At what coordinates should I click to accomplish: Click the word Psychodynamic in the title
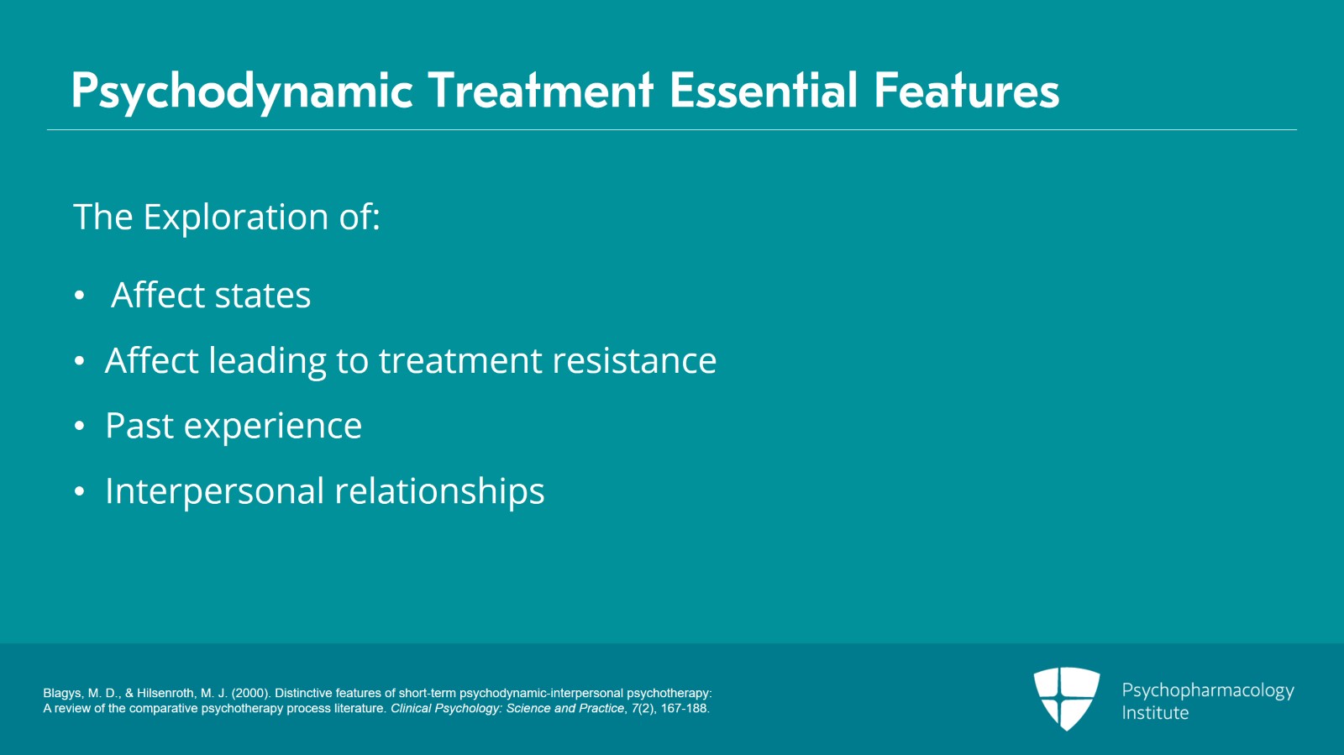[x=242, y=92]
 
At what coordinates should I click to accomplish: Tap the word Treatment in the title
[x=540, y=90]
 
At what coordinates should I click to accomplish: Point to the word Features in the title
[x=967, y=90]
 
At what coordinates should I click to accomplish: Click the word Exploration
[x=236, y=217]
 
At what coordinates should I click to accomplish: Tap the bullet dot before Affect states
[x=79, y=296]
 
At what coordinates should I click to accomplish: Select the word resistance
[x=634, y=360]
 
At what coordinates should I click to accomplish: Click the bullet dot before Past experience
[x=79, y=427]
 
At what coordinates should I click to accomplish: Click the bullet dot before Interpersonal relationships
[x=79, y=492]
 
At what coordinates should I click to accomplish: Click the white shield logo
[x=1067, y=698]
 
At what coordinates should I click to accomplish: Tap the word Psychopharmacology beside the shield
[x=1208, y=691]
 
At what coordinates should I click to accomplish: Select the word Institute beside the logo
[x=1155, y=713]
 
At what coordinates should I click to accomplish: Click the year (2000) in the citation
[x=251, y=693]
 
